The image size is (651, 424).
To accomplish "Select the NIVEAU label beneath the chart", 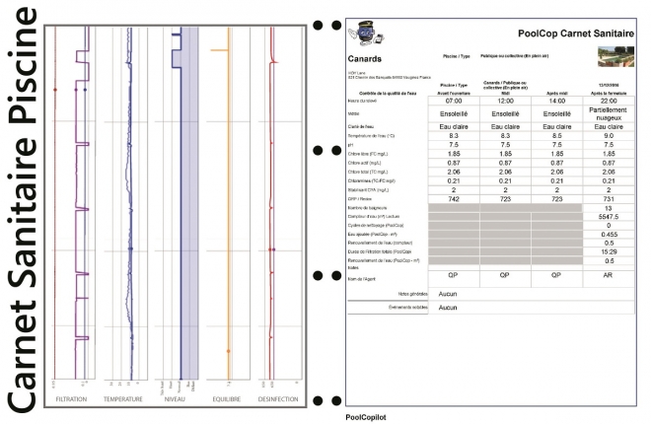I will coord(179,399).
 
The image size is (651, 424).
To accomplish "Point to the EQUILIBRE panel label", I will coord(229,399).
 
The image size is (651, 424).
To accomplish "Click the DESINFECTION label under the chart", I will coord(281,399).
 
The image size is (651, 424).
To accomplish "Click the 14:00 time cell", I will coord(555,101).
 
